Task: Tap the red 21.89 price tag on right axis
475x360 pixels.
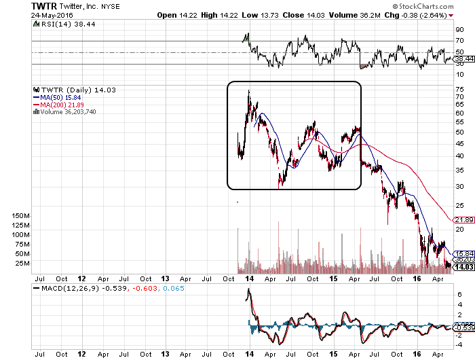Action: tap(462, 220)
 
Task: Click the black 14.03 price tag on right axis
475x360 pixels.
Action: tap(462, 268)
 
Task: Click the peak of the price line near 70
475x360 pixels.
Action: tap(248, 91)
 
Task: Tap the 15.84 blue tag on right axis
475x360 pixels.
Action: tap(462, 253)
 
